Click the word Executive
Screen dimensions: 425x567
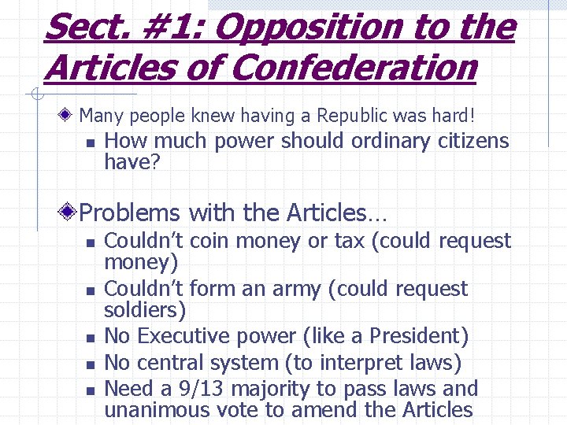pyautogui.click(x=191, y=337)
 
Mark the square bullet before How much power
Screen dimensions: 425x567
pyautogui.click(x=91, y=143)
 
